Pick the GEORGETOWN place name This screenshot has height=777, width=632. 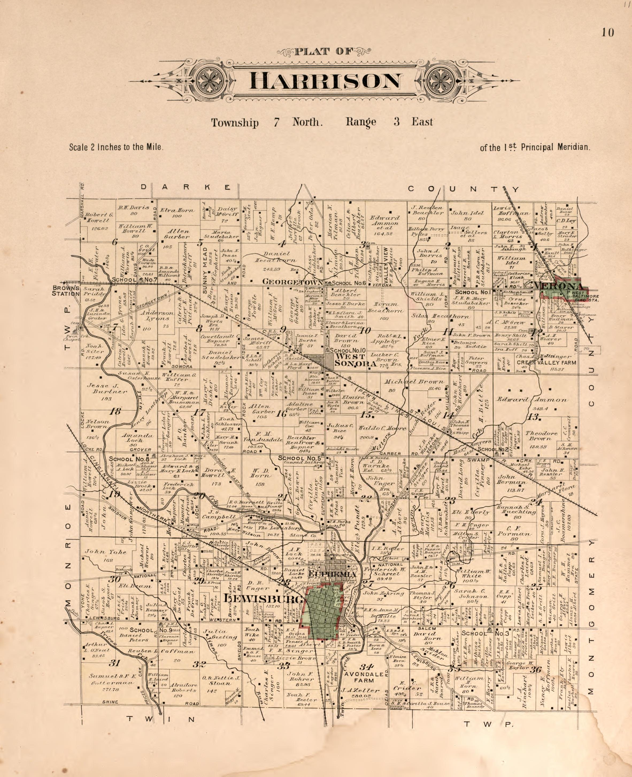[292, 281]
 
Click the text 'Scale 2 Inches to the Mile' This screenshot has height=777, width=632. [116, 147]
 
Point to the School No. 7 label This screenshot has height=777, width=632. [135, 280]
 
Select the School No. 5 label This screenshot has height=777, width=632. [299, 458]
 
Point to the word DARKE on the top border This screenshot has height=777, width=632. [186, 187]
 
